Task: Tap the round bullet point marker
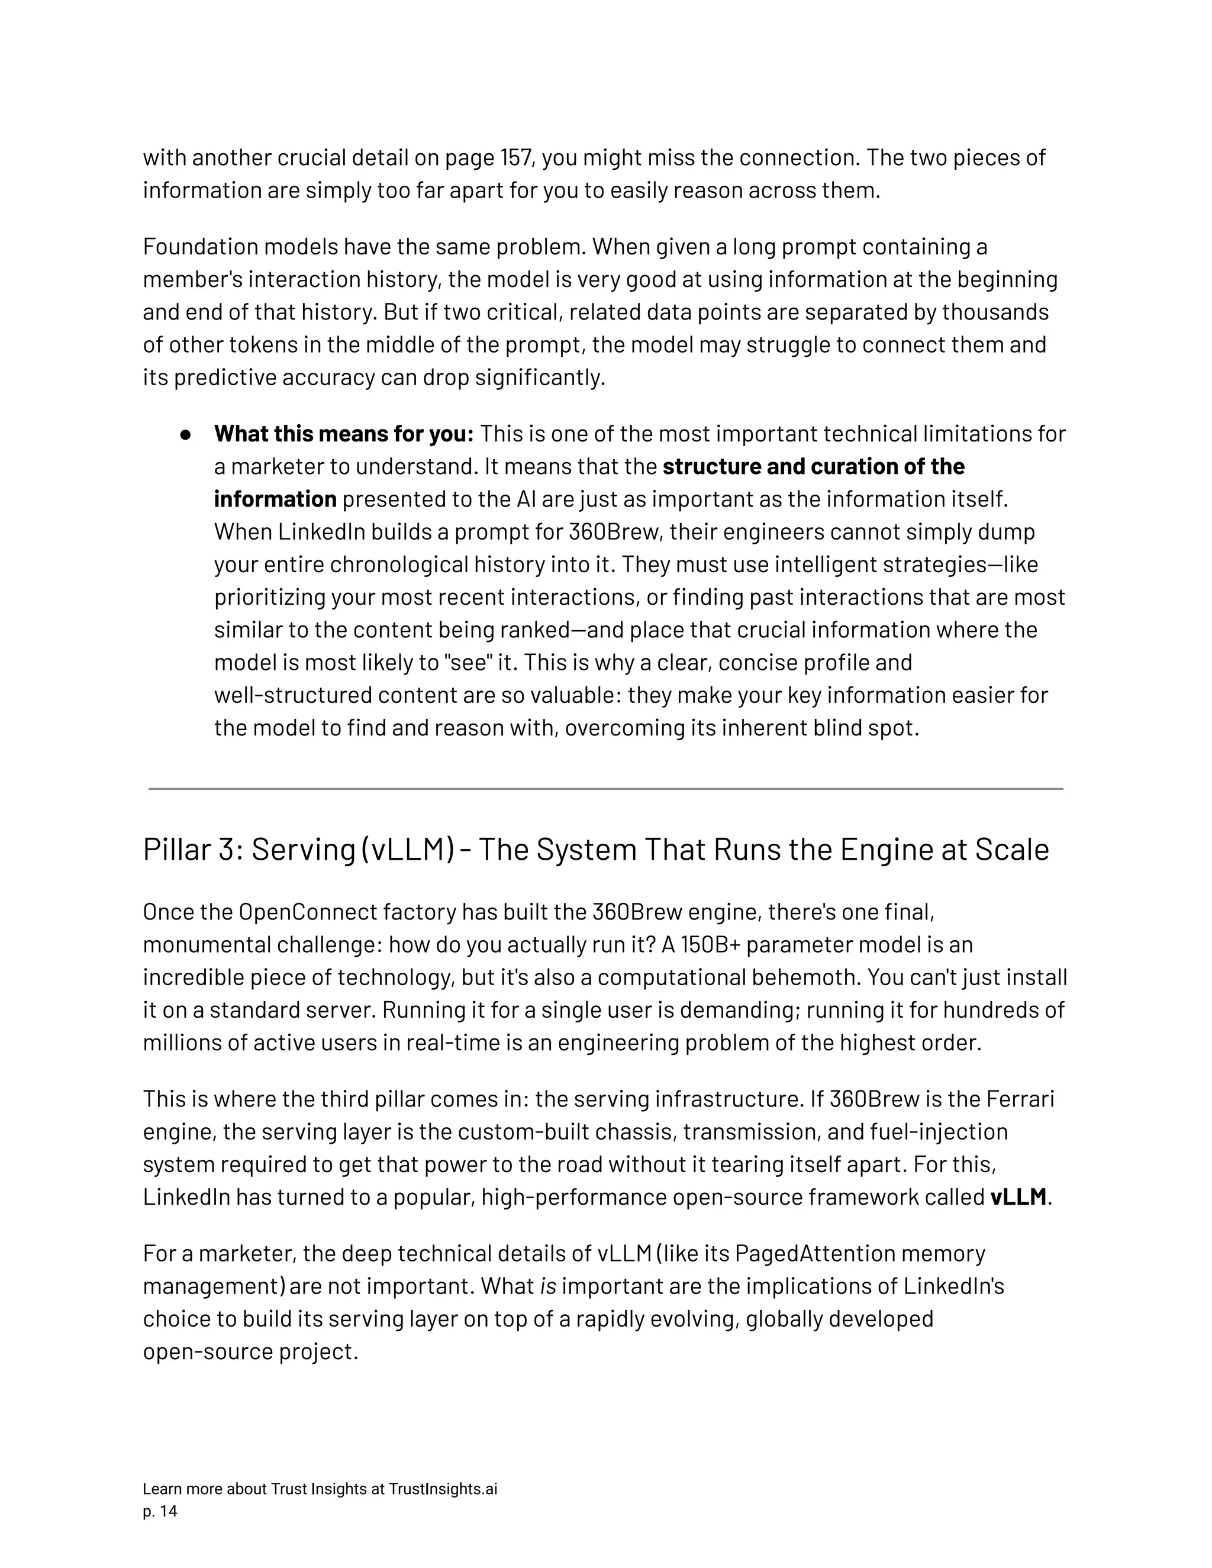[x=186, y=435]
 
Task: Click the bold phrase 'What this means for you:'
[x=343, y=434]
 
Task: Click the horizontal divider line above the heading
[x=605, y=789]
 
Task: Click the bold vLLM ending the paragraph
[x=1017, y=1198]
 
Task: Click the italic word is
[x=548, y=1286]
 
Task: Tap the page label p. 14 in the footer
[x=159, y=1512]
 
